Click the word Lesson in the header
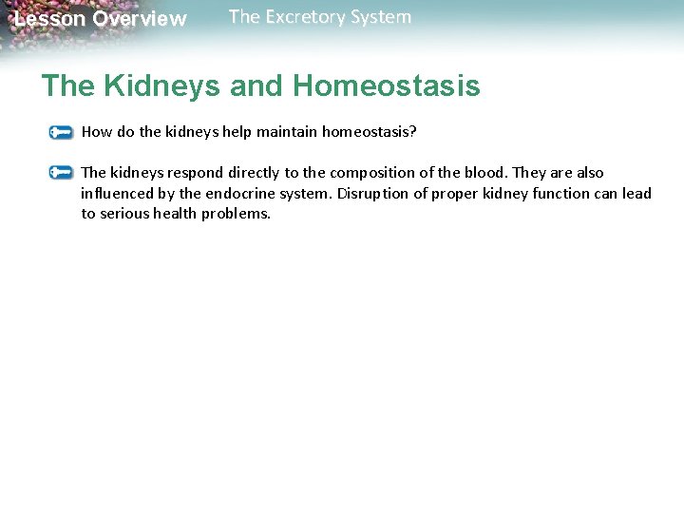click(x=49, y=19)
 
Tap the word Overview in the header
click(x=140, y=19)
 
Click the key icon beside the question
click(x=62, y=132)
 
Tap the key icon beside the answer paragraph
click(x=62, y=173)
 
